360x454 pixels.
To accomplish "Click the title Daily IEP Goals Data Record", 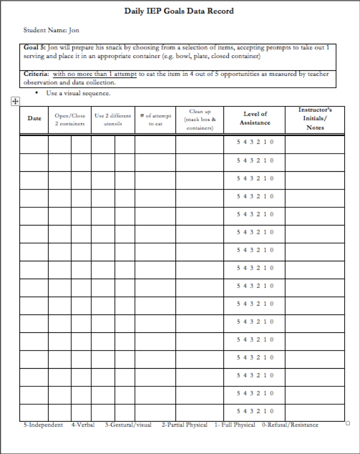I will coord(179,12).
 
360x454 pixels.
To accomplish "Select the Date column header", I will coord(34,119).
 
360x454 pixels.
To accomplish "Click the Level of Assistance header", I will coord(254,118).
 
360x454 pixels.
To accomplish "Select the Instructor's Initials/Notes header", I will coord(315,119).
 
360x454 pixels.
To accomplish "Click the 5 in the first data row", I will coord(238,142).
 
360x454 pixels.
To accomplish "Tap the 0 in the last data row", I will coord(272,411).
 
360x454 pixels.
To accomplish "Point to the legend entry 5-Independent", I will coord(43,425).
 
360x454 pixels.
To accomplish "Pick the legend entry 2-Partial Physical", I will coord(185,425).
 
